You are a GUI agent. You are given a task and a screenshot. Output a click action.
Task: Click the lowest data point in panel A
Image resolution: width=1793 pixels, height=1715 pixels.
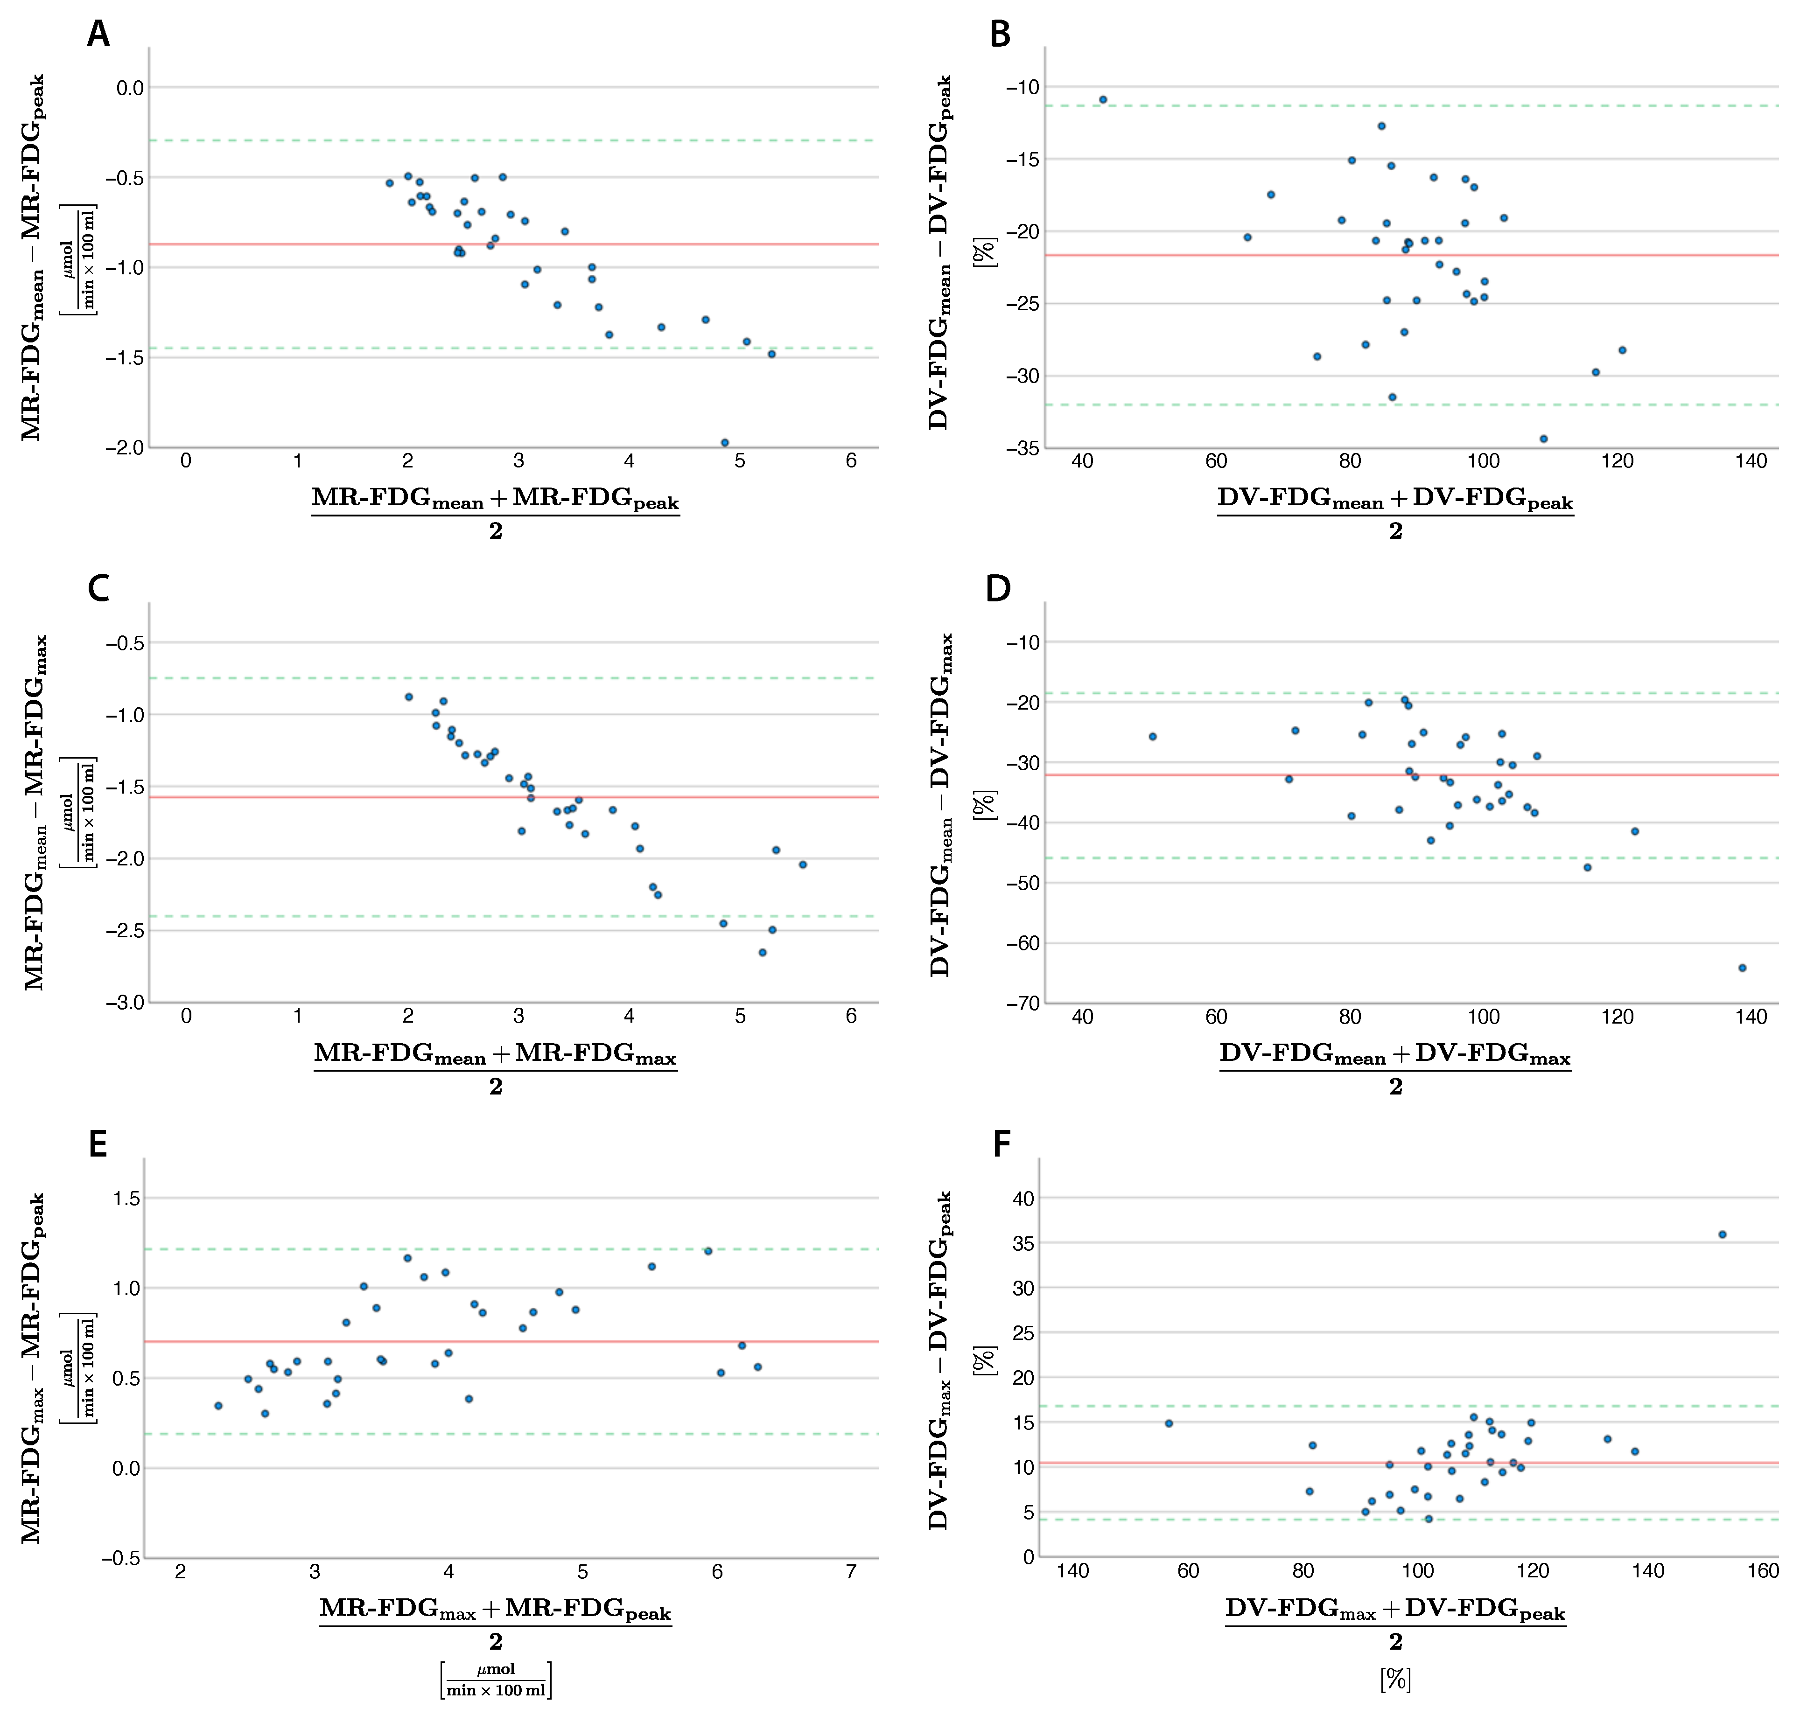[724, 442]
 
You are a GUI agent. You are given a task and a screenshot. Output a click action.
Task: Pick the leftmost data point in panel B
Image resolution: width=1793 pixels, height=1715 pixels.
[1103, 100]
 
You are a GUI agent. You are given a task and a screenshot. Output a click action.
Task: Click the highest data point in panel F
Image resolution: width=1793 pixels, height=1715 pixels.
[1722, 1234]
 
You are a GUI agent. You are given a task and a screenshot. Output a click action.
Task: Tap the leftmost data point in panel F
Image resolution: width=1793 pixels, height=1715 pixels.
[1169, 1423]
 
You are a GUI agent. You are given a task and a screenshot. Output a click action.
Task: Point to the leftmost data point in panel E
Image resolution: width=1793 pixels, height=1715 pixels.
[217, 1406]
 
